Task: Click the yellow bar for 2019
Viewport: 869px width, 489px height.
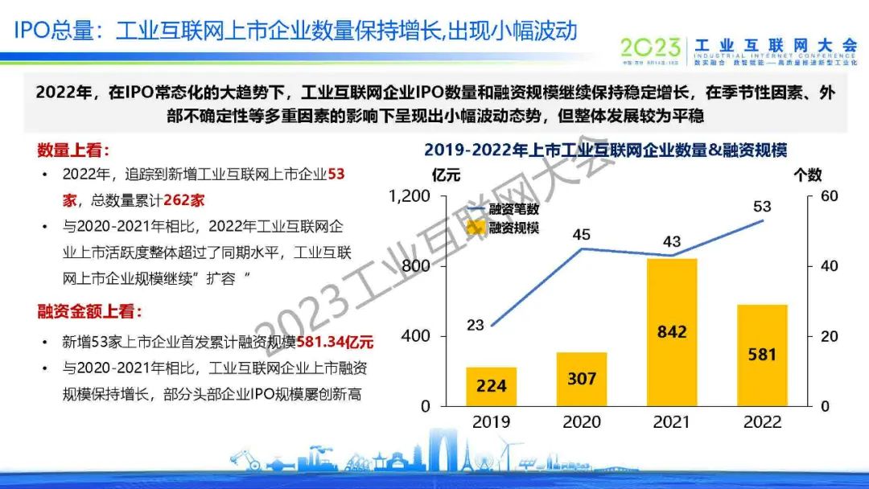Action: [491, 386]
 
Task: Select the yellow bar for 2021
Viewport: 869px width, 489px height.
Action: [671, 331]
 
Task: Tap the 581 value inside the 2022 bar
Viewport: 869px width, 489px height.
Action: [761, 354]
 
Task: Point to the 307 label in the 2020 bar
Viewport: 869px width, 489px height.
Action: [581, 378]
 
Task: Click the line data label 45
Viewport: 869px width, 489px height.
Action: [581, 235]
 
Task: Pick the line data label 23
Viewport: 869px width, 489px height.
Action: [475, 325]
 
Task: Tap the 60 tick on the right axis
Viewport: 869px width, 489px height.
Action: [829, 196]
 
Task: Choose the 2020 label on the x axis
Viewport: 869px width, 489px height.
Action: [582, 421]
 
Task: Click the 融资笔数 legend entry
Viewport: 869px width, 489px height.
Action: [512, 208]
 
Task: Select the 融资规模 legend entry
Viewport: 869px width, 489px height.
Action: [512, 227]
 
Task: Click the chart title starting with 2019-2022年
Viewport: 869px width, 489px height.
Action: [604, 149]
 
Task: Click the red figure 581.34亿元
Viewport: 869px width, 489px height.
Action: [336, 343]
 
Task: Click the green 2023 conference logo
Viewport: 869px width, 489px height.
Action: [650, 47]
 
